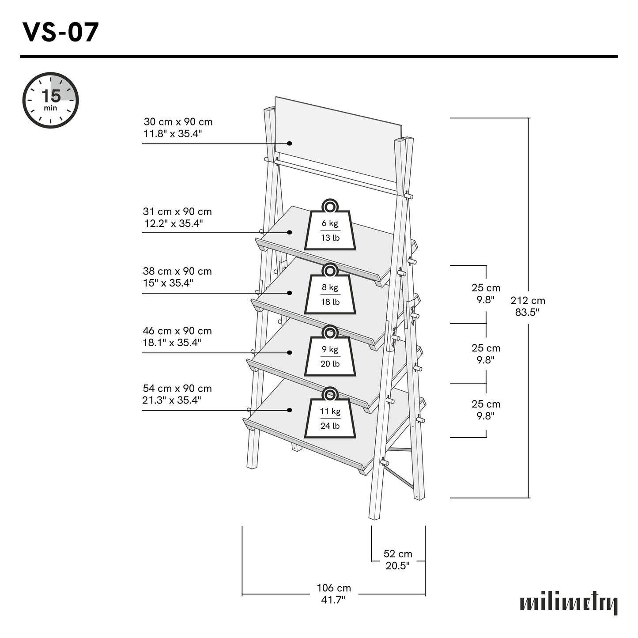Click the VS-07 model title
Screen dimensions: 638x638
60,32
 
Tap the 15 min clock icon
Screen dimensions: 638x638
51,101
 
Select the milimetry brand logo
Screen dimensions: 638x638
569,603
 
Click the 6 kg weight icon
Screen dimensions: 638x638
330,226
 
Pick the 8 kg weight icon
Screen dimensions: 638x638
330,290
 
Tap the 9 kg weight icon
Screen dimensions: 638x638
330,352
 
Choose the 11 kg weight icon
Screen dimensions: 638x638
330,414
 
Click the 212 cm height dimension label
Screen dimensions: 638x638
528,306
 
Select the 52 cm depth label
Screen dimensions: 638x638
398,559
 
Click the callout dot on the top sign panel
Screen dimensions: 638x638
290,143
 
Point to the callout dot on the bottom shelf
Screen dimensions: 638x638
290,410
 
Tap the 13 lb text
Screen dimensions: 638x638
330,238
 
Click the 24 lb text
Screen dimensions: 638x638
330,426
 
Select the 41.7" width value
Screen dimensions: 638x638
334,600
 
